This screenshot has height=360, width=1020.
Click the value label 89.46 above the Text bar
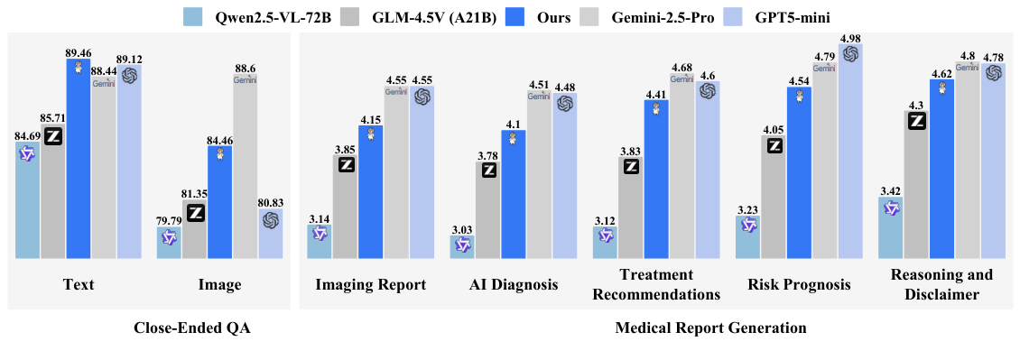tap(79, 53)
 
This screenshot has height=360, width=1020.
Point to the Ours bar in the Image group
tap(219, 202)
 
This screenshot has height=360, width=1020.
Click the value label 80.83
tap(270, 203)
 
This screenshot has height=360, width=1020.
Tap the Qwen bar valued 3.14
tap(320, 242)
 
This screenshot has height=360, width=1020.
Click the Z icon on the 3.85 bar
tap(345, 164)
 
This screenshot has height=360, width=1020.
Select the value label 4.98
tap(850, 38)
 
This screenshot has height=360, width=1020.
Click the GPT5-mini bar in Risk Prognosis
tap(850, 153)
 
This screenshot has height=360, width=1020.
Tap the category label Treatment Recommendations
tap(656, 284)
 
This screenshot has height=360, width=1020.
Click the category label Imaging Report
tap(370, 285)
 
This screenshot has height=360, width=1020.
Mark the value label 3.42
tap(891, 190)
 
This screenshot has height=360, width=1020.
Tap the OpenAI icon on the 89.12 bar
tap(129, 76)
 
